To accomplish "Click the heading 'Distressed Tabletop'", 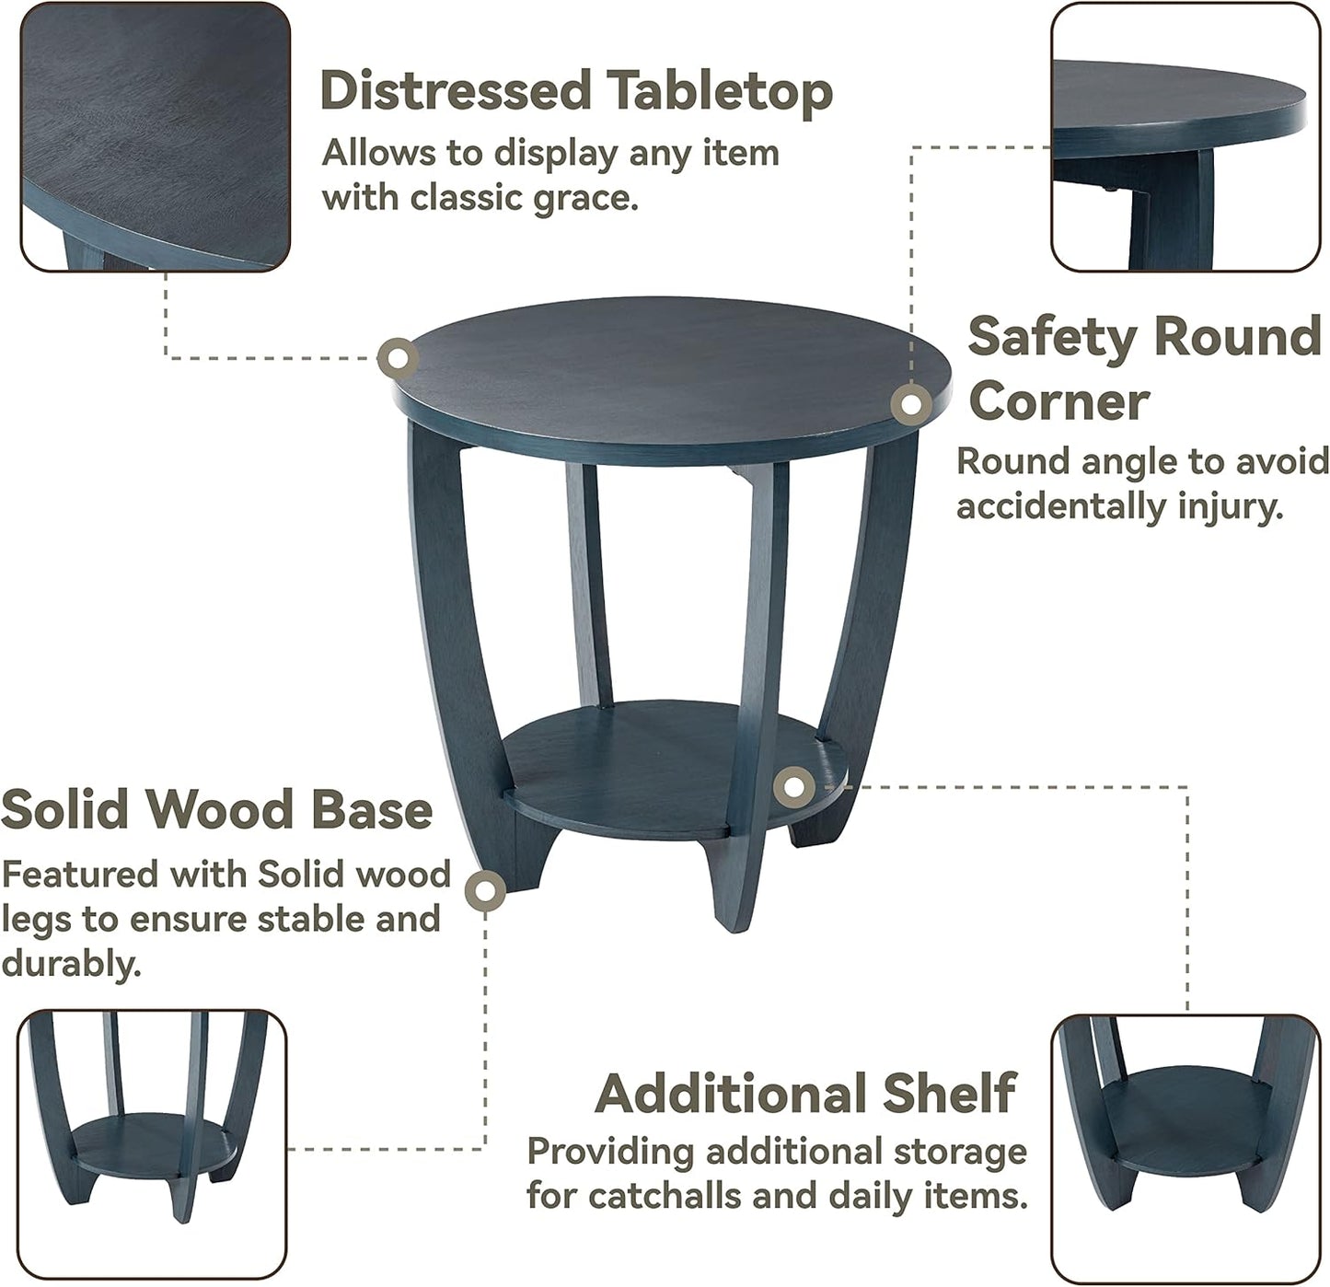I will (x=576, y=91).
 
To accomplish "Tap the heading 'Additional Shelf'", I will (x=805, y=1094).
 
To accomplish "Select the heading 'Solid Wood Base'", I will (x=217, y=809).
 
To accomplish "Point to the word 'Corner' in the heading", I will (x=1058, y=401).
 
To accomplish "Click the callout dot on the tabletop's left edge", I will (x=399, y=358).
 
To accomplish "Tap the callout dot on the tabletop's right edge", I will (x=911, y=403).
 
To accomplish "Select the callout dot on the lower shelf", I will (x=792, y=786).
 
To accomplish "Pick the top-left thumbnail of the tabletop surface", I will (x=156, y=136).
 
